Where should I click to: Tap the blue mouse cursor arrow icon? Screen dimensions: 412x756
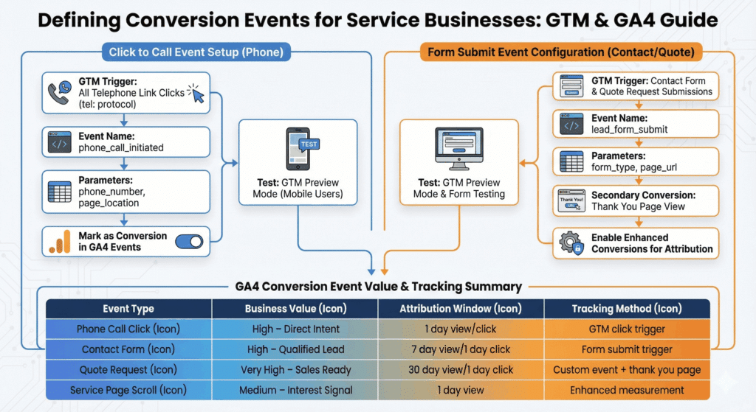click(196, 94)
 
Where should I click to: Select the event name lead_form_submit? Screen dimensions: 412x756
click(629, 129)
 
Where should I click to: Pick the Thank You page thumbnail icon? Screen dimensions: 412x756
click(571, 201)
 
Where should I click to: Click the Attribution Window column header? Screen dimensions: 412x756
click(461, 309)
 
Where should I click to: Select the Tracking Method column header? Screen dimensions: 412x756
click(626, 309)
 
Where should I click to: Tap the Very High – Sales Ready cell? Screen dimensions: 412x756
click(295, 369)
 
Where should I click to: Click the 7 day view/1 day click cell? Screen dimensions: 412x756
click(461, 349)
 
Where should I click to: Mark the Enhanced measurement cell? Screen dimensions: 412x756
click(626, 390)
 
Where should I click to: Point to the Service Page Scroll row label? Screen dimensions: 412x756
click(129, 390)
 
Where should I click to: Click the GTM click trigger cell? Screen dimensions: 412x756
click(626, 329)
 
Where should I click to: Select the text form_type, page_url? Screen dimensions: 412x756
click(633, 167)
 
